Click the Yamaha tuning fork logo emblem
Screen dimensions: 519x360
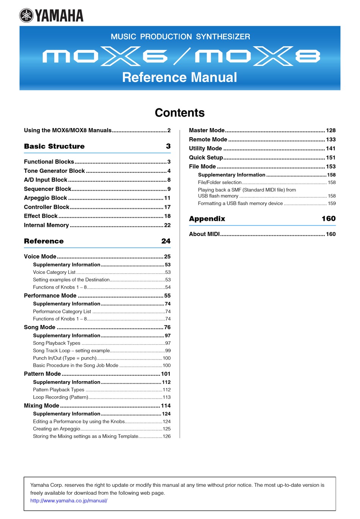27,16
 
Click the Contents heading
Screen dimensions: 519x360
180,113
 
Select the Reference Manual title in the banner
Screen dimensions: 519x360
180,77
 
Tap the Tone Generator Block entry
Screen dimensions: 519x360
54,171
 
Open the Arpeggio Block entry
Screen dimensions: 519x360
45,198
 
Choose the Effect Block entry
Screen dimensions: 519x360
41,216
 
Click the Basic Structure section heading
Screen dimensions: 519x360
54,146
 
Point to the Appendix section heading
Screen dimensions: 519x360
207,219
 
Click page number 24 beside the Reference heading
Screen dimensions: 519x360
166,241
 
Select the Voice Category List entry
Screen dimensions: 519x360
54,272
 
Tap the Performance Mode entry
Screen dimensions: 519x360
50,295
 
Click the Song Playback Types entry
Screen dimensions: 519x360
56,343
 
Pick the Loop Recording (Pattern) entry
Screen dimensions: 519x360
60,397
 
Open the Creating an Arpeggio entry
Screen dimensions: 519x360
56,429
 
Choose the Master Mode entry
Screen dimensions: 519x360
207,130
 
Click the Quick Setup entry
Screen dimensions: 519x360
206,158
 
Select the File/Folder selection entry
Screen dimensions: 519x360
219,183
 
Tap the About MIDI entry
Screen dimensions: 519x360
204,234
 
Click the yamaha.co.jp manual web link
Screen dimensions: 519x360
69,501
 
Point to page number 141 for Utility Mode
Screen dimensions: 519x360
330,149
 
